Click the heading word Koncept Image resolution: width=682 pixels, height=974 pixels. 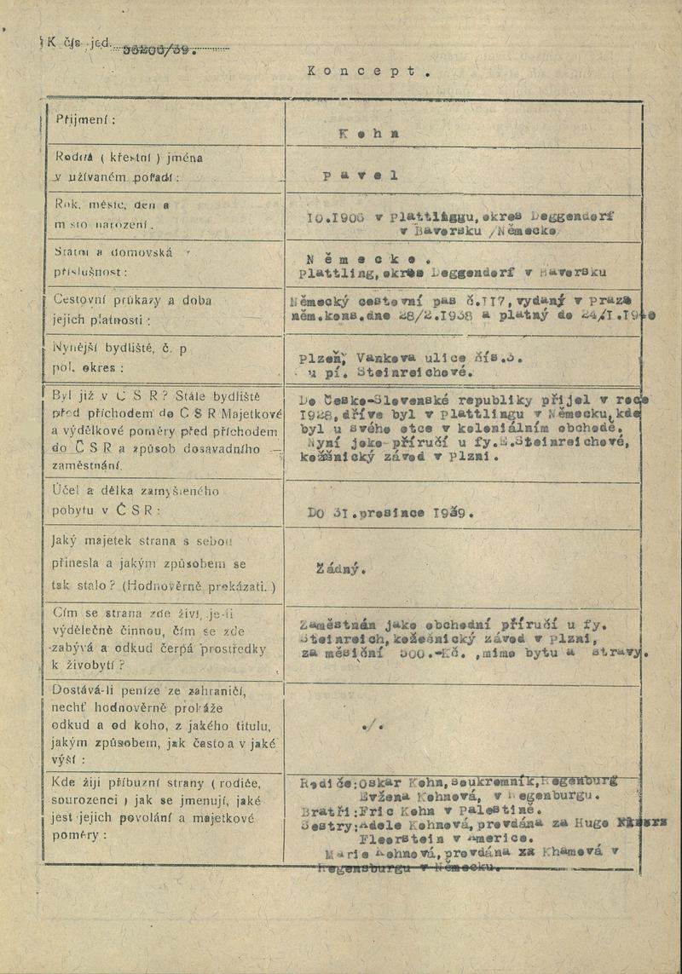[x=367, y=72]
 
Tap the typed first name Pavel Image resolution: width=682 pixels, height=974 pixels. [x=361, y=176]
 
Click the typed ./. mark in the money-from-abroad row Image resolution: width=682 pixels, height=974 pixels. [x=372, y=725]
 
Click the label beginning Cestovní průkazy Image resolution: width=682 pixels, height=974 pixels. [x=121, y=301]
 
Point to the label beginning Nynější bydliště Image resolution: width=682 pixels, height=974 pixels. [x=119, y=349]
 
